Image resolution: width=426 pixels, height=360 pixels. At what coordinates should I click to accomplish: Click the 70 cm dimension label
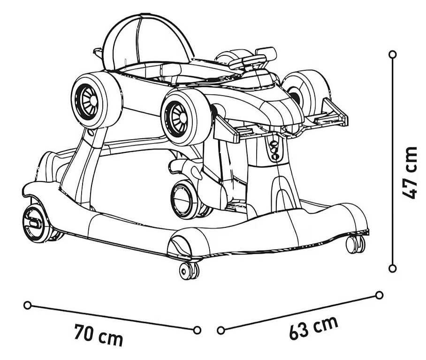[x=99, y=336]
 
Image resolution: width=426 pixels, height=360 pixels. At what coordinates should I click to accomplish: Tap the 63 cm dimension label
[x=314, y=328]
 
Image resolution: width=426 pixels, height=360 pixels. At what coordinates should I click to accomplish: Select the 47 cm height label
[x=409, y=173]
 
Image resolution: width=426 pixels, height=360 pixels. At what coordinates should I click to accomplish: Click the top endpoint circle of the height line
[x=392, y=54]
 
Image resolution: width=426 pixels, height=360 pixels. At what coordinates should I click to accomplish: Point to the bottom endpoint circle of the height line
[x=392, y=269]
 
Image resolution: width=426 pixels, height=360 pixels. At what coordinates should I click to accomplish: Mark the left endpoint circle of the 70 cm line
[x=27, y=305]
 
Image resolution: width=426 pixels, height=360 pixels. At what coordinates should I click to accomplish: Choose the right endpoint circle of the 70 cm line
[x=197, y=330]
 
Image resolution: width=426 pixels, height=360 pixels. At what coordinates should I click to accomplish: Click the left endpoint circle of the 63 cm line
[x=221, y=330]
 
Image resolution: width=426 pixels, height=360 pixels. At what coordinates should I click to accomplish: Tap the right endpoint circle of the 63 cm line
[x=379, y=295]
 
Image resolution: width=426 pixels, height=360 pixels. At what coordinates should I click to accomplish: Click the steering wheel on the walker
[x=247, y=61]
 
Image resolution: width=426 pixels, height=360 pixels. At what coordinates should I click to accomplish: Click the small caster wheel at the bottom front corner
[x=189, y=270]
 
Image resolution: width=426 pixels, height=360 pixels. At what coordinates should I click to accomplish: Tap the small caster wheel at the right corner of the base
[x=355, y=244]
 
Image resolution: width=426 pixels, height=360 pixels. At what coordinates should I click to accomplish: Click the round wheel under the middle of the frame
[x=185, y=200]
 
